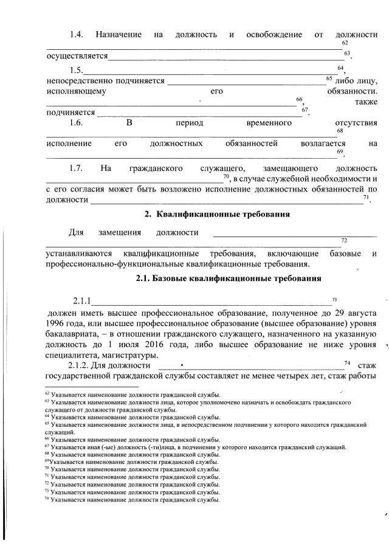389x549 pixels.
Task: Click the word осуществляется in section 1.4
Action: point(77,57)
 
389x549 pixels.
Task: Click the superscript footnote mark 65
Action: point(329,78)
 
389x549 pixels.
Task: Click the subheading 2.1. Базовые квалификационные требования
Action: point(228,278)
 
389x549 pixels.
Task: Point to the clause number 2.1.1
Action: point(81,301)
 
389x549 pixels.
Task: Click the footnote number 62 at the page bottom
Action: point(48,395)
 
